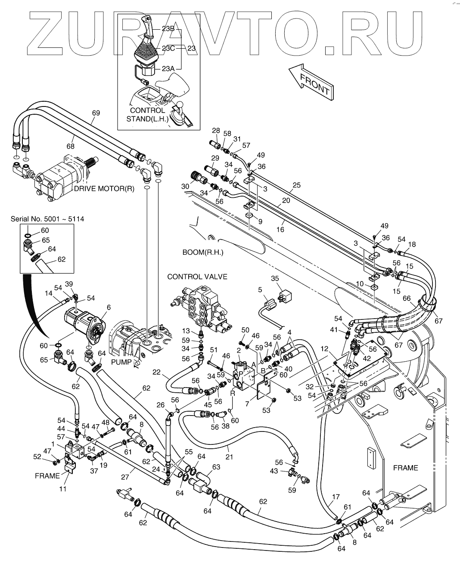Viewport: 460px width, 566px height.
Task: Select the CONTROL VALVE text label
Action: pos(197,276)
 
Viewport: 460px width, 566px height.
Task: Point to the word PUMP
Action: pos(120,362)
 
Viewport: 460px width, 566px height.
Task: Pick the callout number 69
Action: pos(96,113)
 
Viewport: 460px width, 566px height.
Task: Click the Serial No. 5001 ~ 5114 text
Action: pos(47,219)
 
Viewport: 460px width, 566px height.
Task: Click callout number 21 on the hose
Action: pos(229,457)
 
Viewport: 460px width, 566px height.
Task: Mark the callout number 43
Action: pos(274,471)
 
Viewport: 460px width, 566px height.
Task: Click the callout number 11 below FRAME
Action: pos(63,489)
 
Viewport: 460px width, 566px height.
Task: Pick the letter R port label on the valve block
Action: pos(233,394)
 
